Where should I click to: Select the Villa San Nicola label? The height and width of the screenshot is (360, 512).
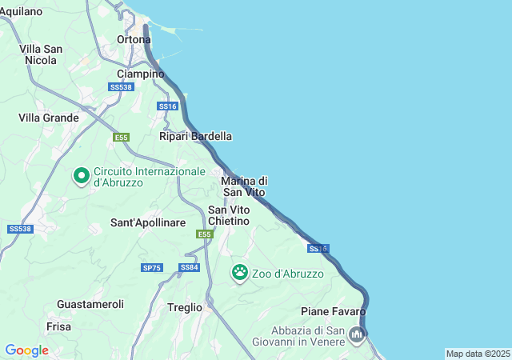pos(41,54)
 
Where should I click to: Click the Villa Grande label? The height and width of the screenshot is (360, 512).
pos(49,118)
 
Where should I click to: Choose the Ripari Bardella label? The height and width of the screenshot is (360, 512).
pos(195,136)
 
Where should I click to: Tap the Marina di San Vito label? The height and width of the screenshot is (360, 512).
pos(244,186)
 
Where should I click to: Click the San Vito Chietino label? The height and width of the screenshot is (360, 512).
pos(229,215)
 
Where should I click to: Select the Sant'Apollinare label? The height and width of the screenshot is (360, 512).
pos(148,222)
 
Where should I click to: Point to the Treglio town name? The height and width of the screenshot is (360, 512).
pos(185,306)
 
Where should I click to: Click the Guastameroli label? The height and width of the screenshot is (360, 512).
pos(90,305)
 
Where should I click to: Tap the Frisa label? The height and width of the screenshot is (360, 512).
pos(59,326)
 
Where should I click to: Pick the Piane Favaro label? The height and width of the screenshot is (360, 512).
pos(334,311)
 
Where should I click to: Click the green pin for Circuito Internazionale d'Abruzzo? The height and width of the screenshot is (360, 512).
pos(81,174)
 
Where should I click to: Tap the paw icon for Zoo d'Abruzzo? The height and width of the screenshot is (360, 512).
pos(240,272)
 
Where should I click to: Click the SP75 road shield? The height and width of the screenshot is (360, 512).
pos(151,268)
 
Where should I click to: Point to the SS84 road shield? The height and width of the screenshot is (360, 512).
pos(190,267)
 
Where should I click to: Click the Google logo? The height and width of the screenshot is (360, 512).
pos(26,350)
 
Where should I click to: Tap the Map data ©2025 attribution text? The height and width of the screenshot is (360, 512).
pos(478,354)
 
